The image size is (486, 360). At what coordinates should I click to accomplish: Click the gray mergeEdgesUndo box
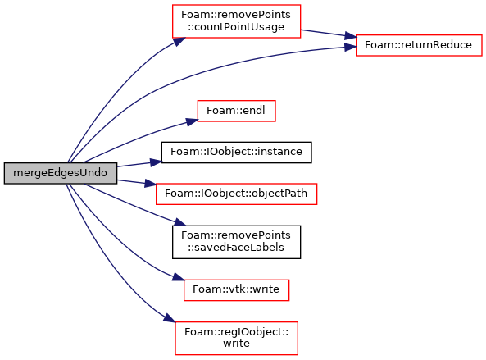[x=61, y=173]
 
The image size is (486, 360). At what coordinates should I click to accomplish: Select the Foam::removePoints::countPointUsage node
[x=236, y=21]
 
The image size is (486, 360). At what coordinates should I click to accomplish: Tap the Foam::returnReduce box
[x=419, y=45]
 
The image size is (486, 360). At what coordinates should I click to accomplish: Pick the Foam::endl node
[x=236, y=111]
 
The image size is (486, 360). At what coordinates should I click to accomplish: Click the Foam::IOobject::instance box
[x=236, y=153]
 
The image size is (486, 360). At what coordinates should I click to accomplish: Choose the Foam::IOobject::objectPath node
[x=236, y=194]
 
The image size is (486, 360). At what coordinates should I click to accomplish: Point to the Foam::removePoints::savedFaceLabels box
[x=236, y=242]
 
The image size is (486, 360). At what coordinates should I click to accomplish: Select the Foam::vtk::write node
[x=236, y=290]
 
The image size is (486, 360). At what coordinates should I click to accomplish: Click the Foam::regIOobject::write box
[x=236, y=338]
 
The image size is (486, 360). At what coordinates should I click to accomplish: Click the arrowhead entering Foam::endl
[x=192, y=122]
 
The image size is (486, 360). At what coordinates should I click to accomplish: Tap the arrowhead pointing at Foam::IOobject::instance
[x=156, y=162]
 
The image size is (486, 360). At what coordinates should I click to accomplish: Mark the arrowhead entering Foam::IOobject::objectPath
[x=150, y=184]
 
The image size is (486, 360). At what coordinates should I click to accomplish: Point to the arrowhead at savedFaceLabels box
[x=179, y=222]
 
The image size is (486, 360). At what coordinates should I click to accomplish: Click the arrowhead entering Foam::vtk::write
[x=179, y=276]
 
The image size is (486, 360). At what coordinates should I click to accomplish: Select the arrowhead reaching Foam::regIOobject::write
[x=170, y=318]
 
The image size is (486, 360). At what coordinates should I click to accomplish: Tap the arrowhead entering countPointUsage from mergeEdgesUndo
[x=179, y=42]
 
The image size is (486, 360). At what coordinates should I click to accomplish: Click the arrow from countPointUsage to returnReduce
[x=329, y=34]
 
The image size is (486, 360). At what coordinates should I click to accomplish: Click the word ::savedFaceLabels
[x=236, y=248]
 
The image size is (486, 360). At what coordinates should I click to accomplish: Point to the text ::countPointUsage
[x=236, y=27]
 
